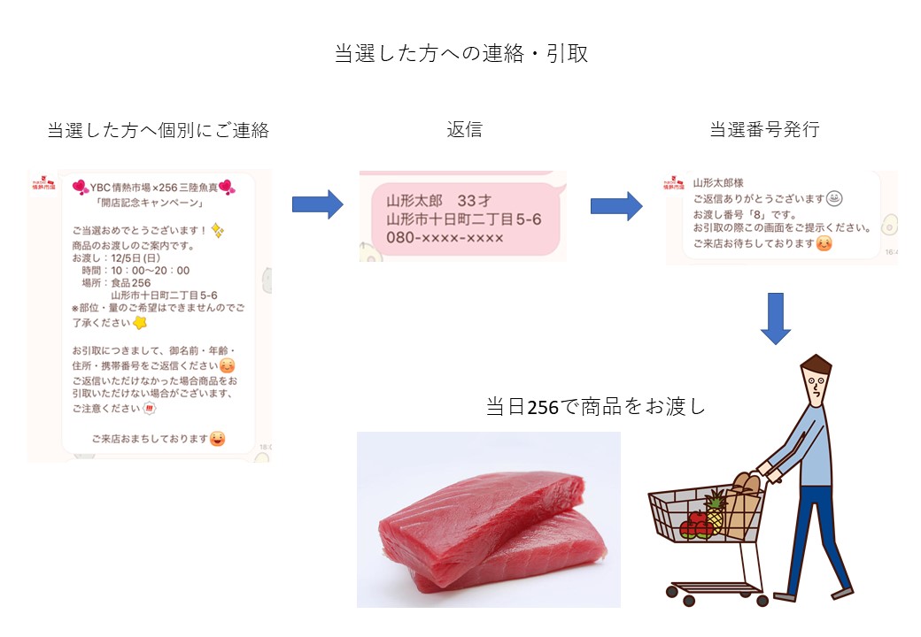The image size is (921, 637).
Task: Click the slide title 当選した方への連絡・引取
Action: (x=461, y=53)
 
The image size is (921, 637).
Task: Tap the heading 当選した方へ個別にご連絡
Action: (x=158, y=130)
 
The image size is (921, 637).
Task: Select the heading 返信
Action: (x=464, y=129)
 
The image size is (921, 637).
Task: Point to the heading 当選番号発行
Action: (x=764, y=129)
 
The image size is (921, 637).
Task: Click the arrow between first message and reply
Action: (x=318, y=204)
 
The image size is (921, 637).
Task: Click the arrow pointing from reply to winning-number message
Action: (x=616, y=206)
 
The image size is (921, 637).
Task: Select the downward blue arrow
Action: (x=776, y=318)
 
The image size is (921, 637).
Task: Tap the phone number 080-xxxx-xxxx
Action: (x=445, y=238)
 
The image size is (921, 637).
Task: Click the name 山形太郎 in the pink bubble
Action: (x=414, y=201)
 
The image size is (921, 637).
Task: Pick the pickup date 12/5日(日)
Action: (x=135, y=258)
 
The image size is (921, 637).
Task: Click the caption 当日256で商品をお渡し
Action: (x=596, y=406)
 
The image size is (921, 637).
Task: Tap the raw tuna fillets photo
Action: (x=489, y=519)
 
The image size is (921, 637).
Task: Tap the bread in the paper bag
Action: (x=746, y=483)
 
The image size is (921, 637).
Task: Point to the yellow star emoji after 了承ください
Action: (x=140, y=323)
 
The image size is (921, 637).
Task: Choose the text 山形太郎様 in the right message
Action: (x=718, y=183)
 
